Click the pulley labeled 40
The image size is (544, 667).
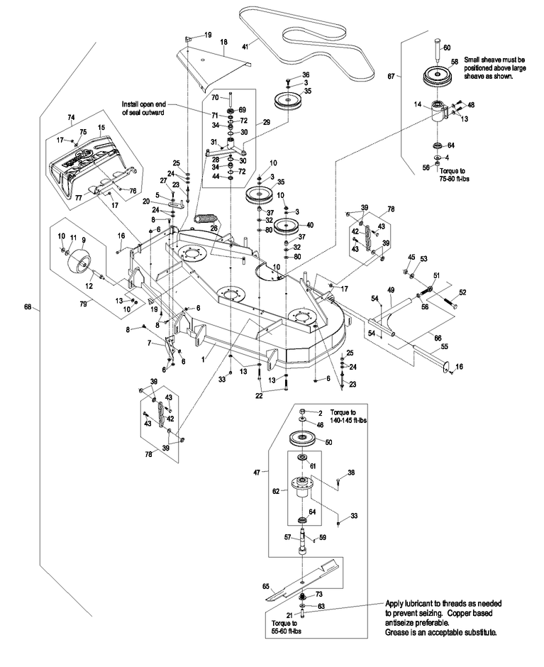point(288,228)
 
